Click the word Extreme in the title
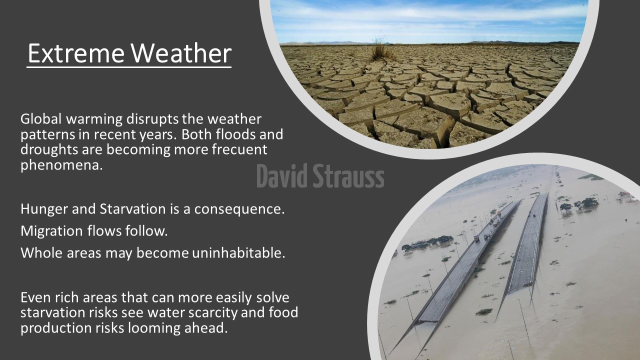click(76, 53)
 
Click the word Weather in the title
click(181, 53)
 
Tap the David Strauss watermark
click(320, 175)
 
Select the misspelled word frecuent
click(239, 149)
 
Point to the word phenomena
click(61, 165)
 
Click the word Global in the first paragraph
click(41, 119)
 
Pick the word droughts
click(49, 149)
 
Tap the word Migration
click(51, 231)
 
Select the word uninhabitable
click(238, 252)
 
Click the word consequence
click(239, 209)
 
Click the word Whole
click(41, 252)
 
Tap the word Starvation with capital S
click(132, 209)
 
